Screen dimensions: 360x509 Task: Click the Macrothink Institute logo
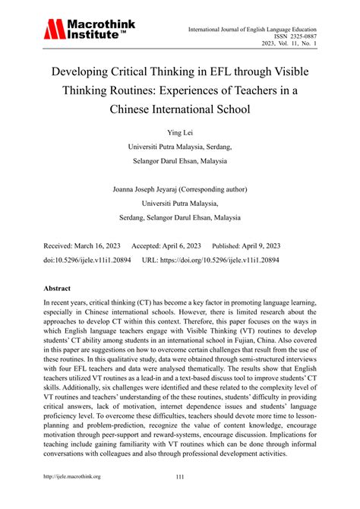click(x=89, y=30)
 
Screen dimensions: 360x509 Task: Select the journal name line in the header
click(x=261, y=28)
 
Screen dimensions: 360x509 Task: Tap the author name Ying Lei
click(x=180, y=132)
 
